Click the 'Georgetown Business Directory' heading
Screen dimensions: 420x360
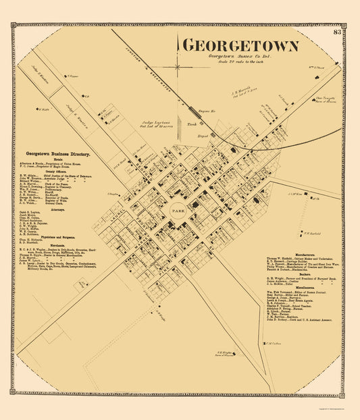pyautogui.click(x=57, y=153)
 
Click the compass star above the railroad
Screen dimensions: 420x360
pyautogui.click(x=176, y=67)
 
